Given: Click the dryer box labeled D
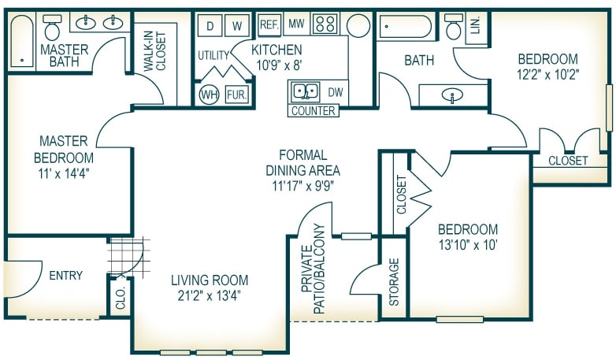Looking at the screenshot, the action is click(x=210, y=25).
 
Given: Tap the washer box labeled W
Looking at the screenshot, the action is click(x=237, y=25).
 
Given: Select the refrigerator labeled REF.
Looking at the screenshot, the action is click(x=269, y=24).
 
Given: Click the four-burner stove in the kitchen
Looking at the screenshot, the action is click(x=325, y=24).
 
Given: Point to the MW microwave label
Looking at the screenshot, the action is click(x=296, y=24).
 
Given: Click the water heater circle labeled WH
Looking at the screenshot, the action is click(x=209, y=95).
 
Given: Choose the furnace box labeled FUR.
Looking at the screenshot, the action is click(x=237, y=95).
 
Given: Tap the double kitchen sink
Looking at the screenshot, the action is click(x=306, y=91).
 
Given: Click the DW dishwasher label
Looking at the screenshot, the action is click(x=336, y=92).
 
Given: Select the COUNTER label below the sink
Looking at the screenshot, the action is click(x=314, y=111).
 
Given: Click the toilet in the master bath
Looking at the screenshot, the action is click(x=52, y=28).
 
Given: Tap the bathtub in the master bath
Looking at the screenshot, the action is click(x=22, y=42).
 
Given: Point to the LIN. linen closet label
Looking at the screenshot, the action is click(x=476, y=24).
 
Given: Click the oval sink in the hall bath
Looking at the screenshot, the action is click(x=452, y=95).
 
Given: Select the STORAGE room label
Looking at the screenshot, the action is click(x=394, y=282).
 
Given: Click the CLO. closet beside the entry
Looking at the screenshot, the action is click(x=121, y=298).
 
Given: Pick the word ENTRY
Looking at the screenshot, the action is click(x=66, y=275).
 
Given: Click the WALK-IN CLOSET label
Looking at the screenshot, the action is click(x=155, y=51).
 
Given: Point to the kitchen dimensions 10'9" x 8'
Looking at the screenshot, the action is click(x=279, y=65).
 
